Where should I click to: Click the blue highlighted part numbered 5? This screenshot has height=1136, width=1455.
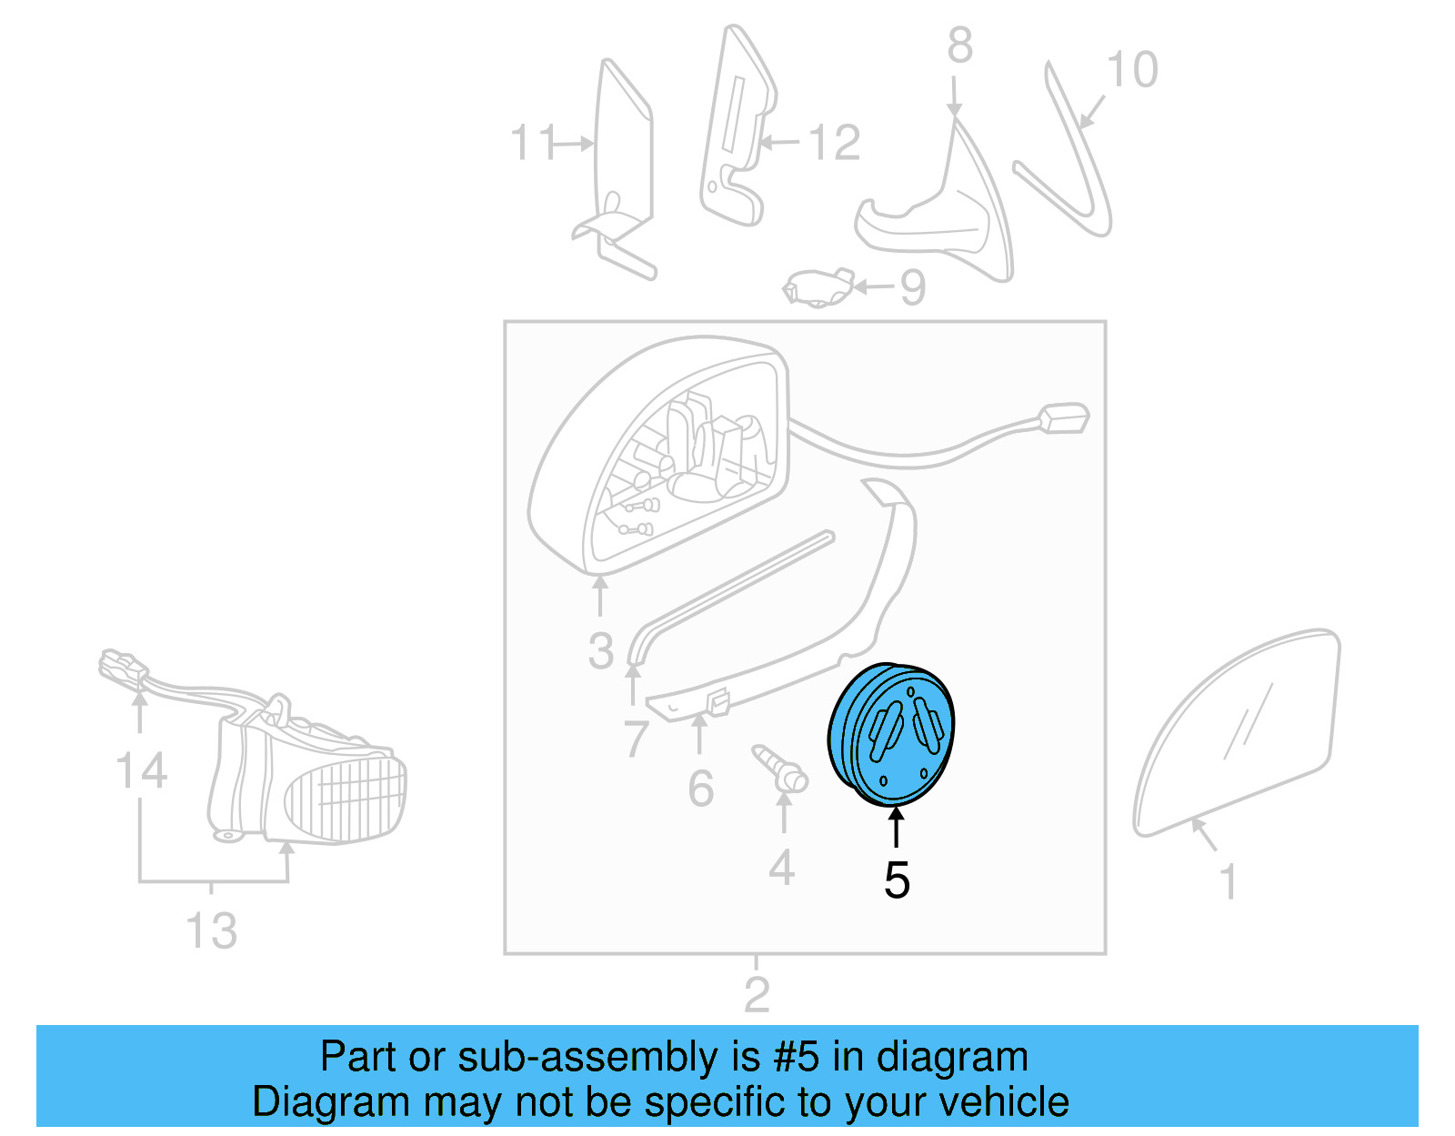click(892, 735)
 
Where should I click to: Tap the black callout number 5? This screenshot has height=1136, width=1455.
click(897, 880)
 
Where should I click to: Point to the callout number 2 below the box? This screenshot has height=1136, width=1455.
click(757, 994)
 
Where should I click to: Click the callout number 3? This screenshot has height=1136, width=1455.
click(601, 651)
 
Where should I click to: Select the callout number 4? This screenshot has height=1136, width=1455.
click(781, 868)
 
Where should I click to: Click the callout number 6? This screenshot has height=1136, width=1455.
click(700, 788)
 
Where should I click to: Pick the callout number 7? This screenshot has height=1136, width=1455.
click(636, 738)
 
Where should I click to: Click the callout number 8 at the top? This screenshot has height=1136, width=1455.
click(960, 45)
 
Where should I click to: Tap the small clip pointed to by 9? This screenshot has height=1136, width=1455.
click(818, 289)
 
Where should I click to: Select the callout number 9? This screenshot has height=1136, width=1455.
click(912, 287)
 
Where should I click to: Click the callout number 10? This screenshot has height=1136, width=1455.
click(1132, 69)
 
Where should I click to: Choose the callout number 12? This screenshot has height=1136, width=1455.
click(834, 143)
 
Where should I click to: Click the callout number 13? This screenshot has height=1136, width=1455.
click(211, 930)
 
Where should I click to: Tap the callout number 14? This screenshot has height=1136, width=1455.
click(141, 770)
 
